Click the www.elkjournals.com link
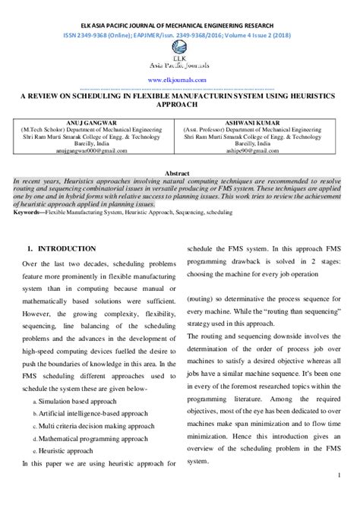179,80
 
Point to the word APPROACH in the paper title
179,106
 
